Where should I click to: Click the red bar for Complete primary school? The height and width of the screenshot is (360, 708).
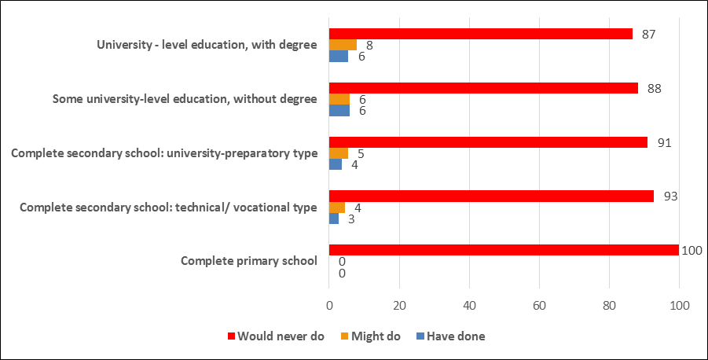[x=503, y=250]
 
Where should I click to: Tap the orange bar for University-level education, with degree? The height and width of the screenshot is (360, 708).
[x=343, y=45]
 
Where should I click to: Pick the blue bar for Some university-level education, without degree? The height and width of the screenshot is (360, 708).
[x=339, y=110]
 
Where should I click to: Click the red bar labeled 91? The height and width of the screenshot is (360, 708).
[x=488, y=142]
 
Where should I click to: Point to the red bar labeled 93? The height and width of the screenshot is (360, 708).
[x=491, y=196]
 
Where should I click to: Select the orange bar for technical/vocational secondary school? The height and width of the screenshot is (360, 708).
[x=336, y=208]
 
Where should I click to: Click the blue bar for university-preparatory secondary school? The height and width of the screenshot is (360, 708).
[x=336, y=164]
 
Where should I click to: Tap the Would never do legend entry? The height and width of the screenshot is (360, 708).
[x=276, y=336]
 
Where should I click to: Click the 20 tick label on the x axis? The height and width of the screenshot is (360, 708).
[x=399, y=305]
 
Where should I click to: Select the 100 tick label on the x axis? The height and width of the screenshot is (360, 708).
[x=679, y=305]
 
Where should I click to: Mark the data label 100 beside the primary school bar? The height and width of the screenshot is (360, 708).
[x=692, y=250]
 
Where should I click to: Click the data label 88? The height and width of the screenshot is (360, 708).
[x=654, y=88]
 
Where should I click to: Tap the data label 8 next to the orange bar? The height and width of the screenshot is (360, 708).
[x=369, y=45]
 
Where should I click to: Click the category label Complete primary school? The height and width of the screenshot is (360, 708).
[x=248, y=261]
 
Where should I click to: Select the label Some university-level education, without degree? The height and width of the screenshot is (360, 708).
[x=185, y=99]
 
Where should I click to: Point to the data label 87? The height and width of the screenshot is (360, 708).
[x=648, y=34]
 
